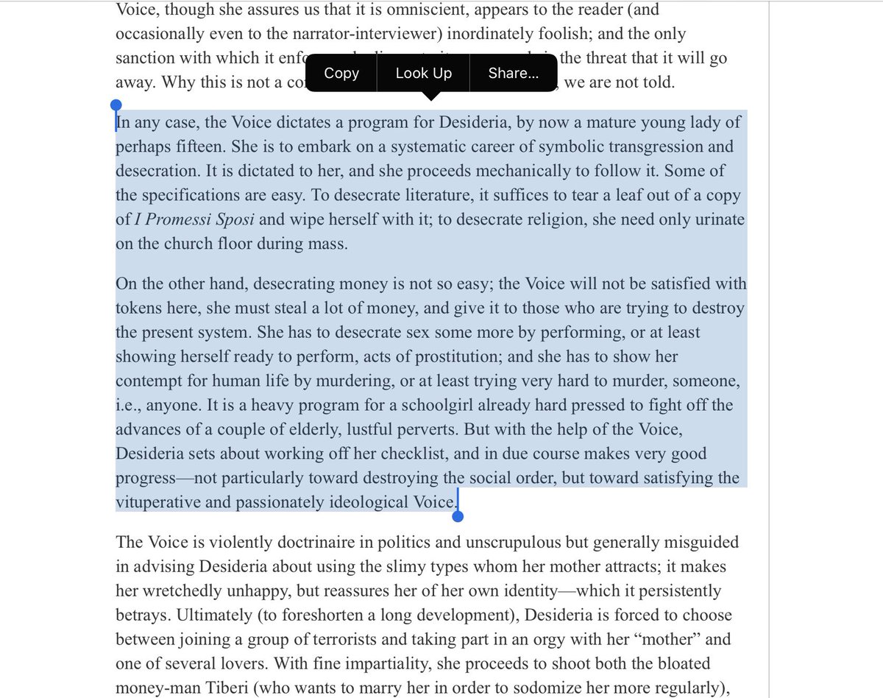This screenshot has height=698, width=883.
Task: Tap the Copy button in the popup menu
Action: [x=341, y=73]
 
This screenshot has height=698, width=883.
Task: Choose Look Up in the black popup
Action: [x=424, y=73]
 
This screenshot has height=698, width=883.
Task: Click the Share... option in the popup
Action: [x=513, y=73]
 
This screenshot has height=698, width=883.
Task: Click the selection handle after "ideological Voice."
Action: [x=457, y=516]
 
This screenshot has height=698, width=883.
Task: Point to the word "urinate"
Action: [x=720, y=219]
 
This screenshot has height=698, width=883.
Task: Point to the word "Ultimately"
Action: [x=152, y=616]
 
